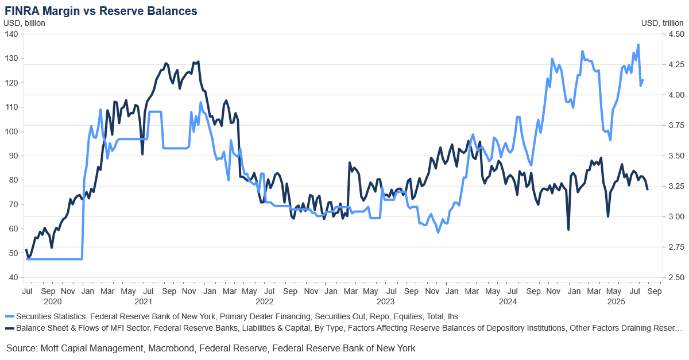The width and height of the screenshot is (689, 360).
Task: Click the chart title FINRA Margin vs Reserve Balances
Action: click(101, 11)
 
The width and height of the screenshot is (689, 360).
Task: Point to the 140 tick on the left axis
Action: click(11, 34)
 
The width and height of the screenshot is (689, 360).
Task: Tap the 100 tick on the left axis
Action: click(11, 131)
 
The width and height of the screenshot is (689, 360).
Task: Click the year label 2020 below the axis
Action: click(52, 301)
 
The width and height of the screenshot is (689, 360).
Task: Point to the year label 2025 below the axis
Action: click(616, 301)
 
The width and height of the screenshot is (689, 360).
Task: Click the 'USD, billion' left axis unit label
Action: click(25, 23)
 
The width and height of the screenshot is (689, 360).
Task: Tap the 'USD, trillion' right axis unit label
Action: click(662, 23)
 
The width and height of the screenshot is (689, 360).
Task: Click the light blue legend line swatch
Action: click(9, 316)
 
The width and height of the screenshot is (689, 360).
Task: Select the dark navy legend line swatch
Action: click(9, 328)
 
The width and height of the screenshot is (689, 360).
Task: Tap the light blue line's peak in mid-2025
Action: click(638, 45)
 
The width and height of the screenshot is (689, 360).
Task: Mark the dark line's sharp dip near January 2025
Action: click(568, 230)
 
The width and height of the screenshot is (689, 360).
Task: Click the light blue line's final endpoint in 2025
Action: click(643, 80)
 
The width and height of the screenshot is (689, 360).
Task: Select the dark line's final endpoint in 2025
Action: click(648, 189)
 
